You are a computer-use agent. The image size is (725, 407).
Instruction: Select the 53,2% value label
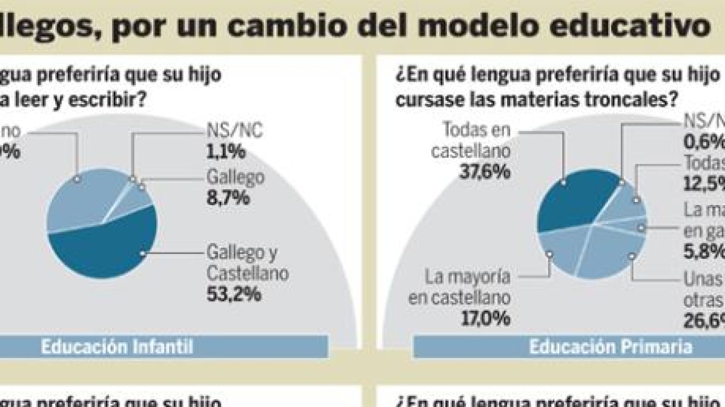pyautogui.click(x=234, y=294)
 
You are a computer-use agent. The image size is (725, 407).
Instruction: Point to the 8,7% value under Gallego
pyautogui.click(x=228, y=198)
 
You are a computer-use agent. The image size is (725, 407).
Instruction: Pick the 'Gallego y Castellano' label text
pyautogui.click(x=247, y=263)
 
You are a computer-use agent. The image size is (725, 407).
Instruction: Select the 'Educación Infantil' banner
pyautogui.click(x=117, y=347)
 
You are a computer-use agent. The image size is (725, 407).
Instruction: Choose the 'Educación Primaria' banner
pyautogui.click(x=610, y=347)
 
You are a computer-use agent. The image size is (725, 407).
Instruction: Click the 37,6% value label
pyautogui.click(x=484, y=172)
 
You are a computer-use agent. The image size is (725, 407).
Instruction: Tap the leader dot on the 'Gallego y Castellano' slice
pyautogui.click(x=143, y=254)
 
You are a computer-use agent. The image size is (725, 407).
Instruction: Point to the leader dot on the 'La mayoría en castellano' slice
pyautogui.click(x=550, y=254)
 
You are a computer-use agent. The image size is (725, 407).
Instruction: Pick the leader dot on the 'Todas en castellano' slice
pyautogui.click(x=563, y=182)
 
